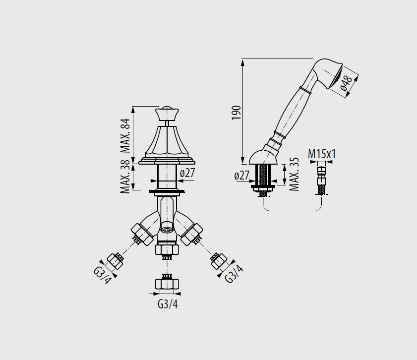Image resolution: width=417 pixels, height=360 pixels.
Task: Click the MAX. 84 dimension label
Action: pyautogui.click(x=125, y=135)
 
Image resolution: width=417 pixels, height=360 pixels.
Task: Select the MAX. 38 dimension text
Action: pyautogui.click(x=125, y=176)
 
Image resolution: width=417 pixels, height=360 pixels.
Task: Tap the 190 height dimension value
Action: pyautogui.click(x=236, y=113)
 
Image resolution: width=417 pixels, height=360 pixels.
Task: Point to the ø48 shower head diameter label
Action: pyautogui.click(x=346, y=83)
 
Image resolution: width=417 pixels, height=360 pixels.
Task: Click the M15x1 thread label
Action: pyautogui.click(x=322, y=154)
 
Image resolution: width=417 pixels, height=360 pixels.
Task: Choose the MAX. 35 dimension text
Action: pyautogui.click(x=294, y=175)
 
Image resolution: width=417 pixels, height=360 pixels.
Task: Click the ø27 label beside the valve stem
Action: pyautogui.click(x=187, y=173)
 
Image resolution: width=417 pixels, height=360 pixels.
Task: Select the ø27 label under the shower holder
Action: pyautogui.click(x=242, y=175)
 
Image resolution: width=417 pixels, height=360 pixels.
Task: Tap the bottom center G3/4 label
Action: pyautogui.click(x=168, y=304)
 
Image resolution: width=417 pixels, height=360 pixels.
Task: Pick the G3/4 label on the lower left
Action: pyautogui.click(x=102, y=275)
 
